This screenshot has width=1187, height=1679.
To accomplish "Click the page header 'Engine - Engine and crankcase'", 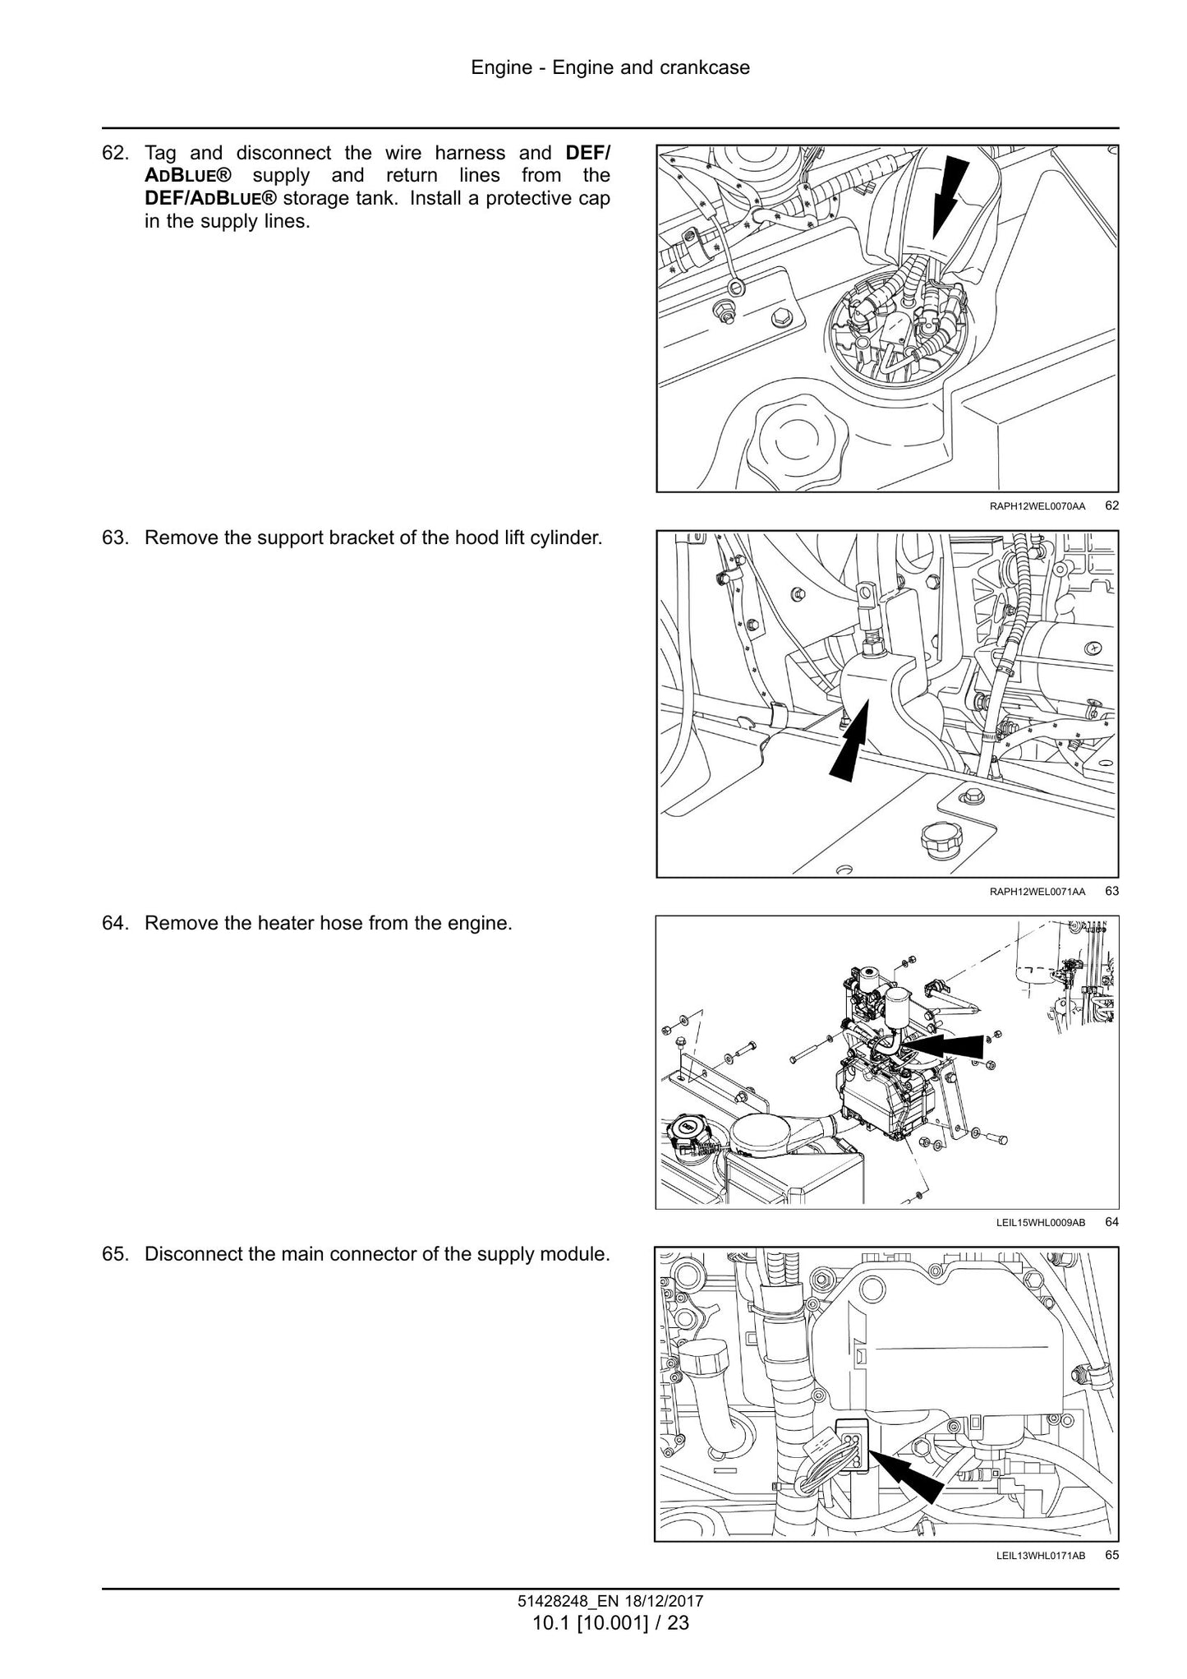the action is click(610, 67).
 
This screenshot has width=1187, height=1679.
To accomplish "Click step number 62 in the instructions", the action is click(115, 153).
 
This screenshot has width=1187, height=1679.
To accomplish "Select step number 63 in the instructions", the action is click(115, 538).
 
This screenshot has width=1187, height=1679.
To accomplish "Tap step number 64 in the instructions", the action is click(115, 923).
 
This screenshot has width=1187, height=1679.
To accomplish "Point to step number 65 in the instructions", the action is click(115, 1255).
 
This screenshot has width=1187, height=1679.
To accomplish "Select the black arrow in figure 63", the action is click(850, 737).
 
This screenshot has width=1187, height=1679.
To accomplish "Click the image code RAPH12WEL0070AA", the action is click(1037, 506).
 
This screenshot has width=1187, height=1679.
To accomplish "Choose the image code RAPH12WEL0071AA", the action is click(1037, 892).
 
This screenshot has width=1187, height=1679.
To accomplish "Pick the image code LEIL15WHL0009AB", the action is click(1040, 1223).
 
